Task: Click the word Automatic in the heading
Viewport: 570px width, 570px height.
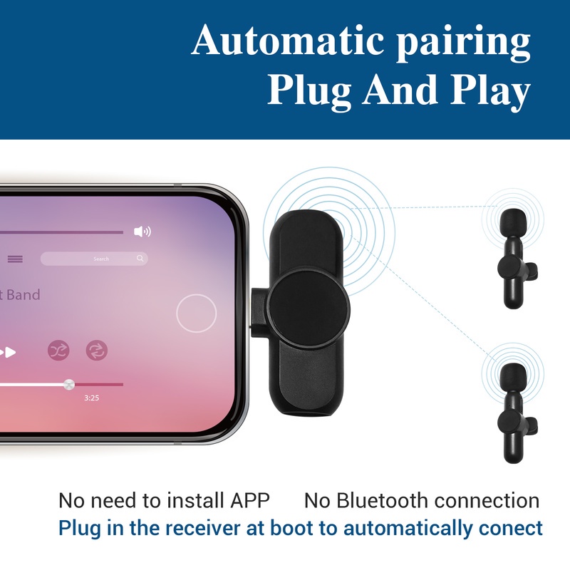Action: click(x=287, y=39)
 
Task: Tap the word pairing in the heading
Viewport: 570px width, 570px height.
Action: click(x=463, y=43)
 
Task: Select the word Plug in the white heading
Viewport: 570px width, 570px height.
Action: click(x=309, y=91)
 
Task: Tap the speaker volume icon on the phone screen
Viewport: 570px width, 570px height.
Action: click(x=142, y=231)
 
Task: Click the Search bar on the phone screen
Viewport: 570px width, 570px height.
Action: click(x=94, y=259)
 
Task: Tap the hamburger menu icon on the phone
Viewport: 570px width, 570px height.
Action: click(x=15, y=259)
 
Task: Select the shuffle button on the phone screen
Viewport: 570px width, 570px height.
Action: click(x=58, y=351)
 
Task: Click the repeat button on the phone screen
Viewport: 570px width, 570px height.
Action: click(x=97, y=351)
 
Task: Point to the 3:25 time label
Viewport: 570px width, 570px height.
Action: click(x=92, y=398)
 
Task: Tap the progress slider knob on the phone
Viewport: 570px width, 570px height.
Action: click(x=68, y=384)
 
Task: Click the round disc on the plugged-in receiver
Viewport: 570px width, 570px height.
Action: click(x=309, y=309)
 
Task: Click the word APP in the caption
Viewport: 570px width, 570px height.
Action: click(x=250, y=501)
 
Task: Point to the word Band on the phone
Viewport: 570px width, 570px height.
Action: click(x=24, y=295)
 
